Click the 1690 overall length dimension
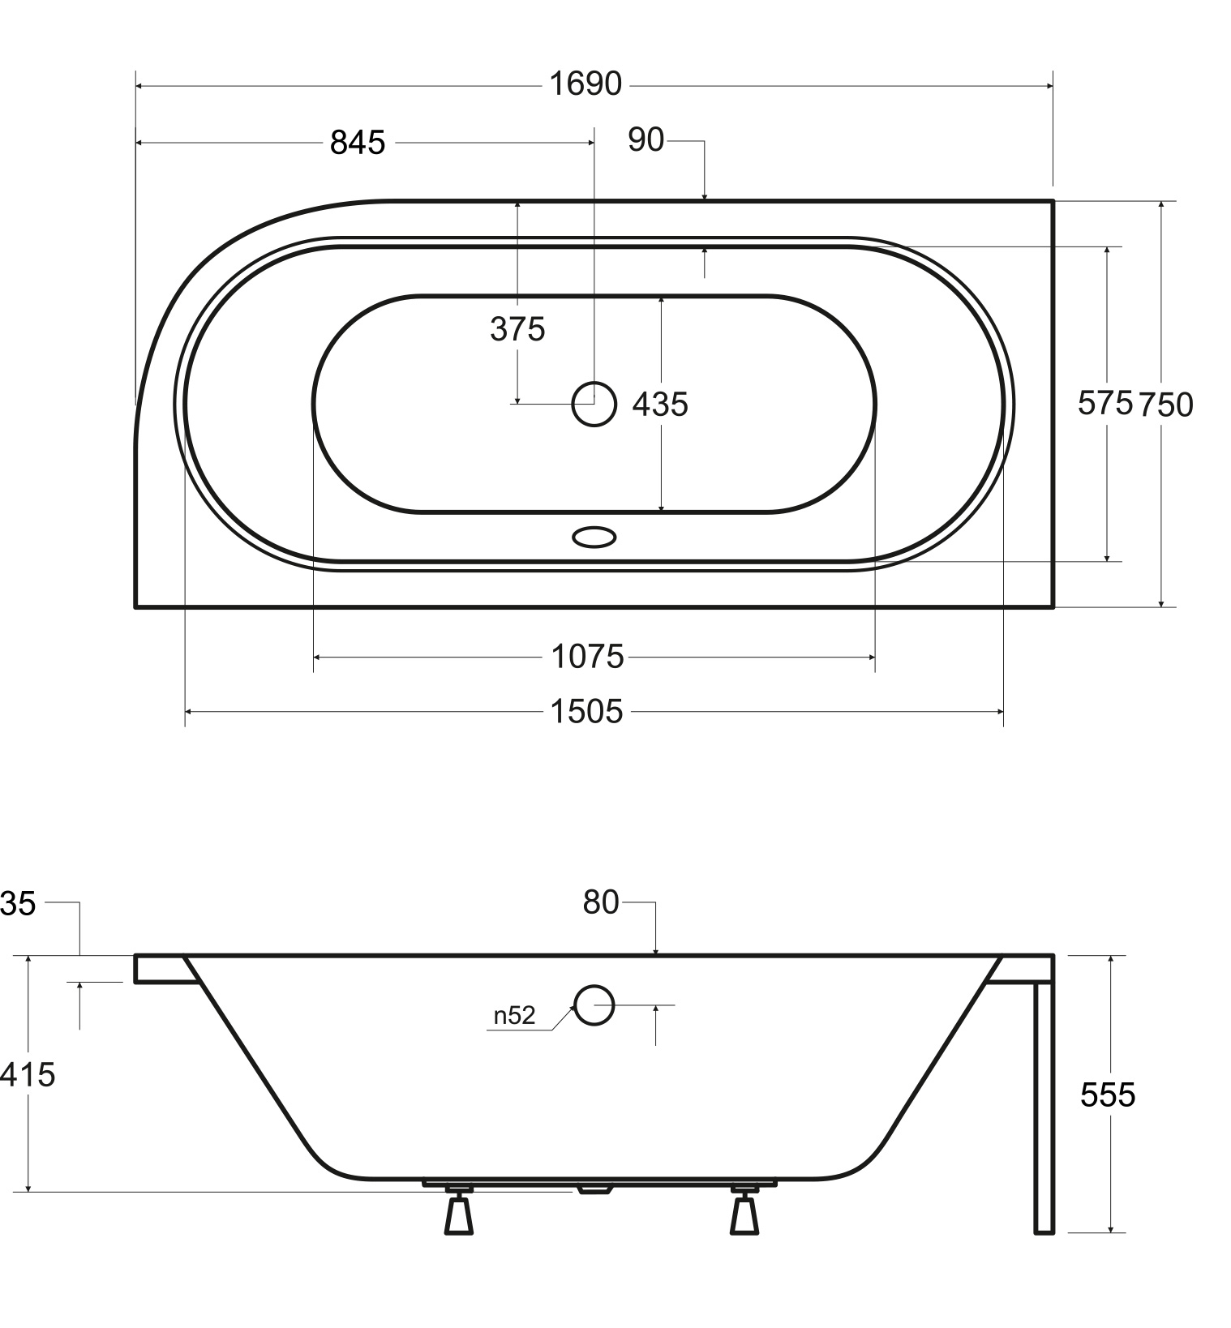tap(585, 84)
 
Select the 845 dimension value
tap(358, 143)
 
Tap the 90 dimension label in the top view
tap(646, 140)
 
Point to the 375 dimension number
tap(517, 329)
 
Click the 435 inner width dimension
tap(660, 404)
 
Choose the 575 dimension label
tap(1104, 402)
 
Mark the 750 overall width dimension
tap(1166, 405)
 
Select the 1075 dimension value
tap(587, 657)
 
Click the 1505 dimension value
tap(586, 712)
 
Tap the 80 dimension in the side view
tap(601, 902)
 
